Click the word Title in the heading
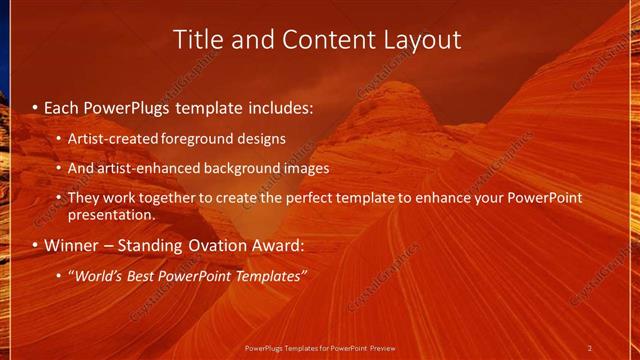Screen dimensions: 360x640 (x=196, y=39)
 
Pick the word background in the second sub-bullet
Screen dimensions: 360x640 (x=242, y=168)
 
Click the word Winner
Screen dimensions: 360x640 (x=70, y=245)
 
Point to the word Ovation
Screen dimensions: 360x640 (x=211, y=245)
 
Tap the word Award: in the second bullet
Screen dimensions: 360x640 (x=275, y=245)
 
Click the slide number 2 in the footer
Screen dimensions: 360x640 (x=589, y=348)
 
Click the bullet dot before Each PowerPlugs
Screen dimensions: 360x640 (x=36, y=106)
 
